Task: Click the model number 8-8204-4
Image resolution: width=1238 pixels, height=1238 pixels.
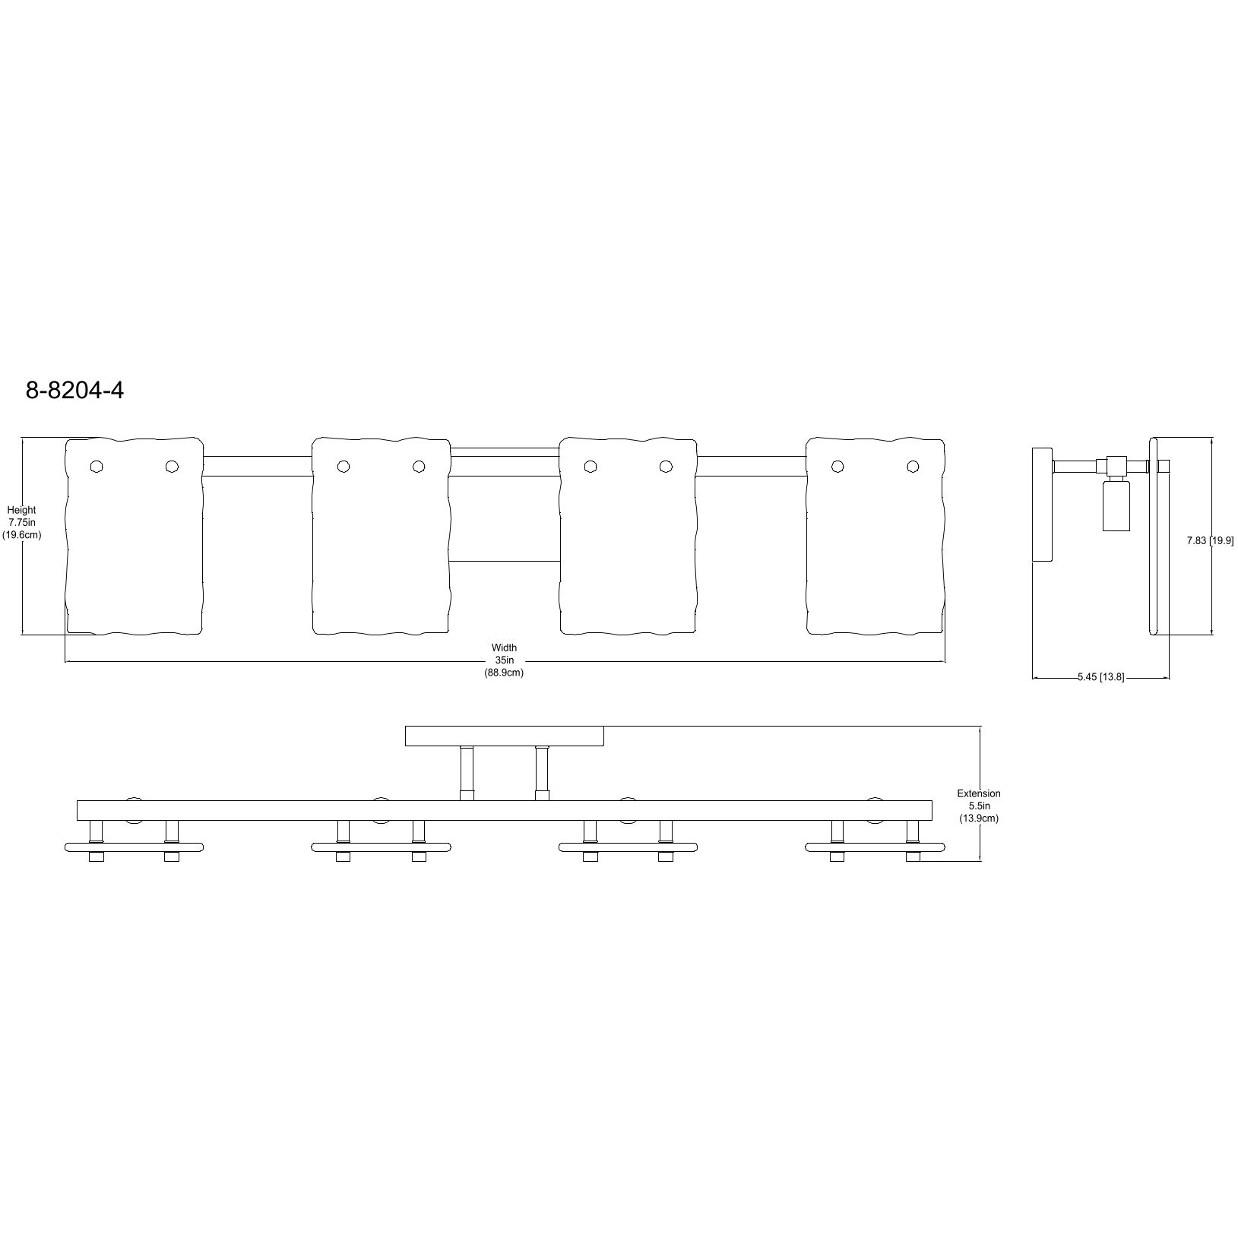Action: click(x=74, y=390)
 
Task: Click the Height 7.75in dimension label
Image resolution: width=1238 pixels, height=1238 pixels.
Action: click(x=21, y=523)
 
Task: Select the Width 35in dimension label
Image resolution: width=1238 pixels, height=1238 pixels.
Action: click(x=504, y=660)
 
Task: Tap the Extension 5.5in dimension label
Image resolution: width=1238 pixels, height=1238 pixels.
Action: click(x=978, y=806)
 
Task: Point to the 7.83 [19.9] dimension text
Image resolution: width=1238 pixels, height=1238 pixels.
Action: click(x=1210, y=541)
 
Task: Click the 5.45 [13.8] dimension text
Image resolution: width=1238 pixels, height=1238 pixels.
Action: click(x=1100, y=677)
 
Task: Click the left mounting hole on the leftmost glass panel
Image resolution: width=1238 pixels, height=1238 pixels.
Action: click(x=97, y=466)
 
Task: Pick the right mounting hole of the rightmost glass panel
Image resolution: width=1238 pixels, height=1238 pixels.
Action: click(x=912, y=466)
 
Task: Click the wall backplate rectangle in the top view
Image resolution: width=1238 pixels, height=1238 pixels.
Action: click(x=504, y=736)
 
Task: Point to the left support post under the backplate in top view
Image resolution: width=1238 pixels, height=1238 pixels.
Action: click(x=467, y=773)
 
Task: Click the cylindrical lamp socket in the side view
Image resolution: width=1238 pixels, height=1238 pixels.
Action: click(x=1116, y=507)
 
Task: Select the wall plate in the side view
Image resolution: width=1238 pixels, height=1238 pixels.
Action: click(x=1041, y=505)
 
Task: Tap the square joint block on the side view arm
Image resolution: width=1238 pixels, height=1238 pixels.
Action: click(x=1116, y=464)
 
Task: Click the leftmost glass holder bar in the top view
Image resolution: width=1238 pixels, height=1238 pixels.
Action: click(x=135, y=847)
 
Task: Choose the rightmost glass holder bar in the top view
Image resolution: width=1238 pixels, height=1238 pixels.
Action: click(x=875, y=847)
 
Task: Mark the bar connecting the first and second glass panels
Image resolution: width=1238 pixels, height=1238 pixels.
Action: click(x=258, y=466)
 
